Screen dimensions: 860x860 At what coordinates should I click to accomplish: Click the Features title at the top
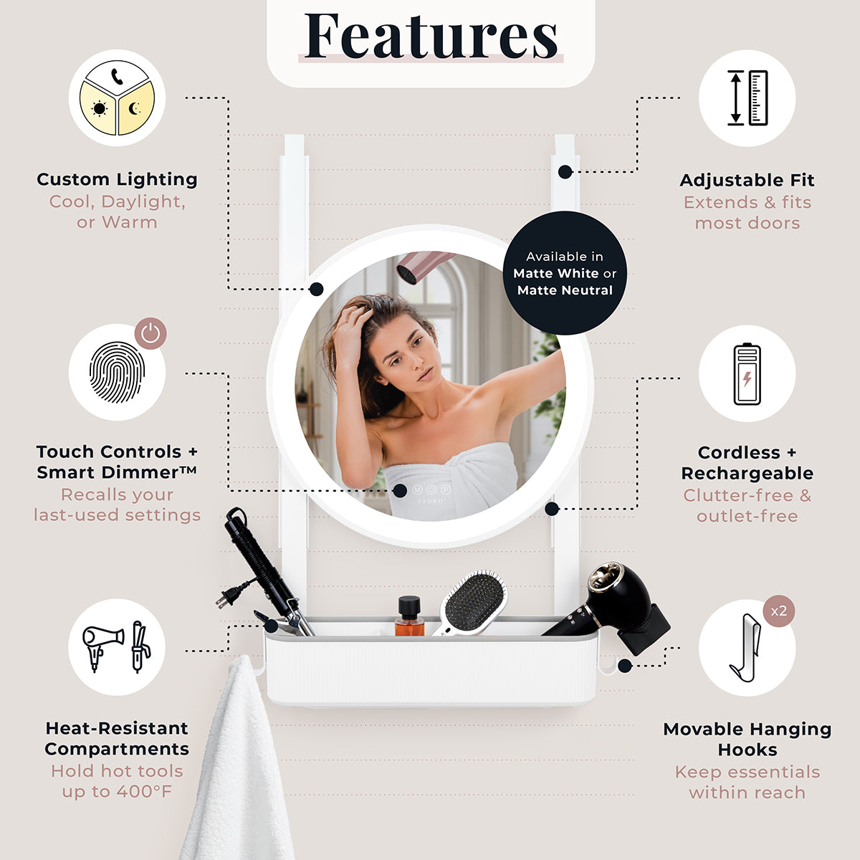[x=431, y=36]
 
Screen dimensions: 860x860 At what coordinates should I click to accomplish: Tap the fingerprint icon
[x=117, y=372]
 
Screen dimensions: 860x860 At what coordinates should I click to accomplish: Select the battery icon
[x=747, y=374]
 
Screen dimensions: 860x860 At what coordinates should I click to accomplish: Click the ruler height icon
[x=747, y=97]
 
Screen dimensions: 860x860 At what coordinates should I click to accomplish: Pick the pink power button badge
[x=150, y=333]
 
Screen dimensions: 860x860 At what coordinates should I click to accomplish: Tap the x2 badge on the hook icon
[x=779, y=611]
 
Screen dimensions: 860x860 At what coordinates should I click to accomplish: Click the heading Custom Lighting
[x=117, y=179]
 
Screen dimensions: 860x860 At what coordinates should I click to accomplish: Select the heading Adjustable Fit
[x=747, y=181]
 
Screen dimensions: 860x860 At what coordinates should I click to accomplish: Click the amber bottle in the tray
[x=409, y=616]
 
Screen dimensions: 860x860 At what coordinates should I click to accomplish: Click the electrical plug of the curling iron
[x=228, y=597]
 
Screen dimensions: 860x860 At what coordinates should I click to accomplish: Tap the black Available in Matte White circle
[x=565, y=273]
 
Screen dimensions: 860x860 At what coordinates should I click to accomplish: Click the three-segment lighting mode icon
[x=117, y=97]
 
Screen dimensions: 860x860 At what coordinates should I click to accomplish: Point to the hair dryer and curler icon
[x=117, y=646]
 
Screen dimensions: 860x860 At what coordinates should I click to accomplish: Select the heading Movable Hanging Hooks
[x=747, y=740]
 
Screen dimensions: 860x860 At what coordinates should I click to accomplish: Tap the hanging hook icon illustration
[x=745, y=648]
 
